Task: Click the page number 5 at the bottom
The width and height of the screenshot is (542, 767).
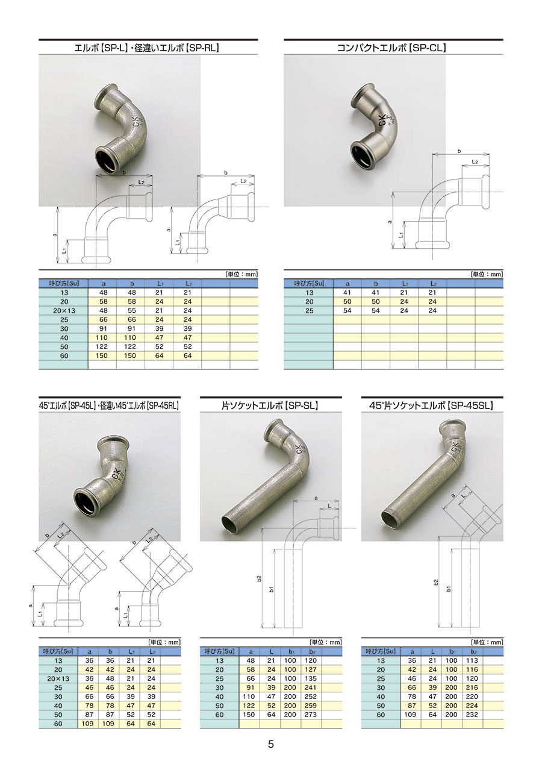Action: pyautogui.click(x=270, y=744)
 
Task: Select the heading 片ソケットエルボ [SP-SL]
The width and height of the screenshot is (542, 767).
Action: pyautogui.click(x=270, y=405)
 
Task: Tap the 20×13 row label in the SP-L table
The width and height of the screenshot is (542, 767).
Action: pyautogui.click(x=64, y=310)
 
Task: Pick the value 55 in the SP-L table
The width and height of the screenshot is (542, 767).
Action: pyautogui.click(x=132, y=310)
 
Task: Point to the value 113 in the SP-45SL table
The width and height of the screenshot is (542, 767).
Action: pyautogui.click(x=472, y=660)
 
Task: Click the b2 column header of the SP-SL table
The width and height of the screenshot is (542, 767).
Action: pyautogui.click(x=311, y=651)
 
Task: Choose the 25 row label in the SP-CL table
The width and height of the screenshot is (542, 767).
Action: pyautogui.click(x=310, y=310)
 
